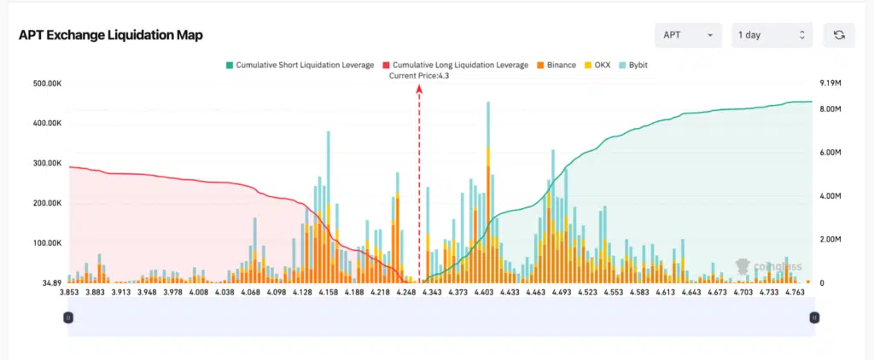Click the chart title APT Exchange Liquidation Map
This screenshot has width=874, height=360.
[110, 35]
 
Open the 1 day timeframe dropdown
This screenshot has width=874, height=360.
[771, 35]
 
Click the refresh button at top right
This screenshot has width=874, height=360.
[839, 35]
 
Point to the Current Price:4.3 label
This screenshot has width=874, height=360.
[419, 76]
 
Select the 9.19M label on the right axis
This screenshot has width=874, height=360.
[831, 84]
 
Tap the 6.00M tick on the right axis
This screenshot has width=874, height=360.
[831, 153]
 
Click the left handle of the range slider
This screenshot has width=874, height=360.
[68, 317]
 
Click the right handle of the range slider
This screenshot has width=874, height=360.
[814, 317]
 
